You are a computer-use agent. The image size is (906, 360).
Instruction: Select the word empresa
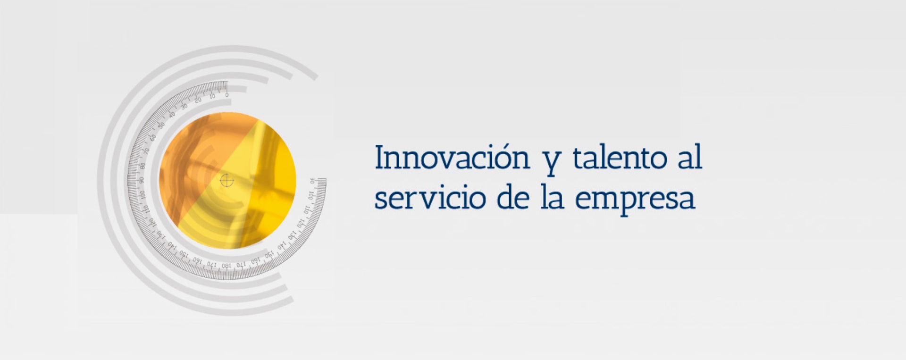pyautogui.click(x=635, y=201)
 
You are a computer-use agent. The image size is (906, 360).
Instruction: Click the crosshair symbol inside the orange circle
pyautogui.click(x=227, y=180)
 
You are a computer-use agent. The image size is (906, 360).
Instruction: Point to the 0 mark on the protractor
pyautogui.click(x=227, y=95)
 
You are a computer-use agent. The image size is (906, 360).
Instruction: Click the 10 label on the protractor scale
pyautogui.click(x=212, y=96)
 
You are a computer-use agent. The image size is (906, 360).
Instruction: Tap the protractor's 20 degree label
pyautogui.click(x=198, y=100)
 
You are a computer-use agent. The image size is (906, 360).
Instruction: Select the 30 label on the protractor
pyautogui.click(x=184, y=106)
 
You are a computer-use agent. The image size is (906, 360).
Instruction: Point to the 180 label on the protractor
pyautogui.click(x=227, y=266)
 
